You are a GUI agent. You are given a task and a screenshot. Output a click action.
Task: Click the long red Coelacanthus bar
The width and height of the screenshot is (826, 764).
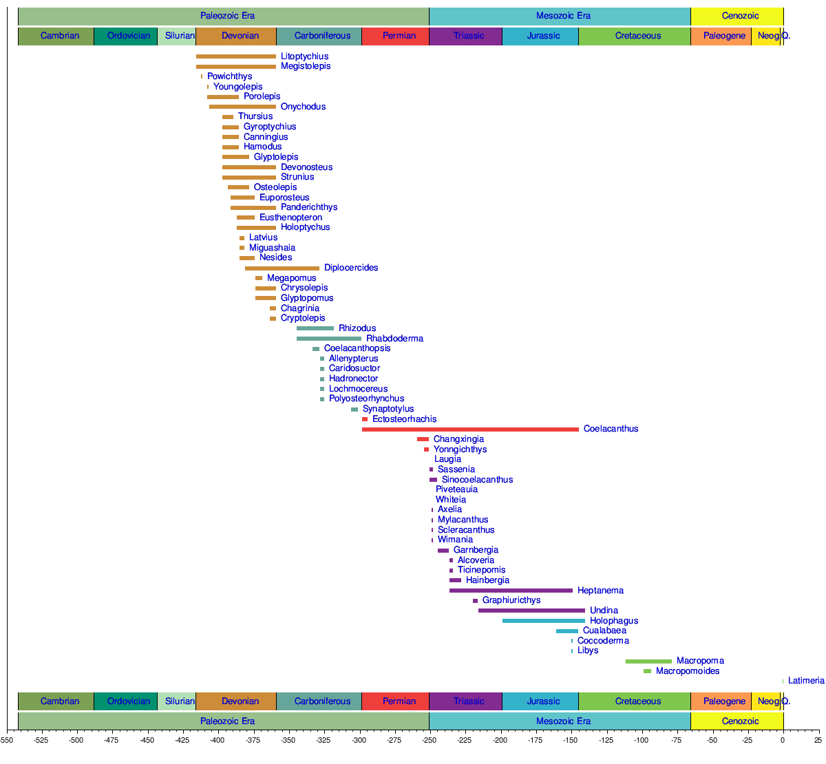tap(470, 429)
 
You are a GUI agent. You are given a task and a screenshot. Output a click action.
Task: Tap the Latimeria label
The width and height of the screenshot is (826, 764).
tap(806, 681)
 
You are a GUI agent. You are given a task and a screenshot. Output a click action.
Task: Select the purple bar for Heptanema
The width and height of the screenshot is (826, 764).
tap(511, 591)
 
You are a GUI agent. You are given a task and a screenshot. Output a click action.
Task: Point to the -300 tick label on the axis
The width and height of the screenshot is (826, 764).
tap(359, 741)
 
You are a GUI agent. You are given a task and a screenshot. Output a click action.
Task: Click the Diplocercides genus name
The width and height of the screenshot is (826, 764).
tap(351, 268)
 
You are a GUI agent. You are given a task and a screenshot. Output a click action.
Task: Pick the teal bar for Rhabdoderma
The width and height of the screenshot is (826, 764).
tap(329, 339)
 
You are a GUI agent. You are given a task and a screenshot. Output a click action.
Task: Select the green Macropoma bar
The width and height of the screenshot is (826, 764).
tap(648, 661)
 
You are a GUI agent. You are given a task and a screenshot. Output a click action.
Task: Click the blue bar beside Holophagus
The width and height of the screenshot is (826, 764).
tap(544, 621)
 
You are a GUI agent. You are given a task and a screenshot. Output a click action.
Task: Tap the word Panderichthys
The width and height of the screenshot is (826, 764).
tap(309, 207)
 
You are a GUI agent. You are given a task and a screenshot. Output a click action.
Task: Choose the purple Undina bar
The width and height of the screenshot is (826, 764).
tap(531, 611)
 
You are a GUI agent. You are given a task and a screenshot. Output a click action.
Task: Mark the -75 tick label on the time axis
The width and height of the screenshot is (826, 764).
tap(677, 741)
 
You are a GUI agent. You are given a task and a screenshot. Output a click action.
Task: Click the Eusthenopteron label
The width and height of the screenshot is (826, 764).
tap(290, 217)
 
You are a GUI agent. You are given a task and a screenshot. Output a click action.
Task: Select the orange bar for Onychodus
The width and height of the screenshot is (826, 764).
tap(242, 107)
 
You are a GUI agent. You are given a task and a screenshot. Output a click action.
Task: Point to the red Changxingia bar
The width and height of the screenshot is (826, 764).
tap(423, 439)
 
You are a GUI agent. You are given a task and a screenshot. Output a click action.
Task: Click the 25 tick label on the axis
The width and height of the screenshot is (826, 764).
tap(817, 741)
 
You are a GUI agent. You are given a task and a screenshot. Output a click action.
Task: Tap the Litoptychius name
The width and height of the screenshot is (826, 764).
tap(304, 56)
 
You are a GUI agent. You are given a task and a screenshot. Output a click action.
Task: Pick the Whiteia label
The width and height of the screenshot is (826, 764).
tap(451, 500)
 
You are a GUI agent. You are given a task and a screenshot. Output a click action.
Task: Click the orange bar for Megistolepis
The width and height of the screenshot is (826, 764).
tap(236, 67)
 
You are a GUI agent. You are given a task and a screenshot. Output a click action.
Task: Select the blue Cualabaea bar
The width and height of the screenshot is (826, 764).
tap(567, 631)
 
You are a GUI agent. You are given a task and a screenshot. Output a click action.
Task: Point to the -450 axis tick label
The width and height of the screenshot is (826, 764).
tap(147, 741)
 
